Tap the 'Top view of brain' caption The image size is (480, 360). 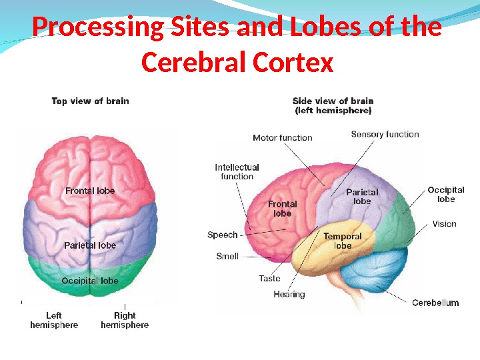[91, 101]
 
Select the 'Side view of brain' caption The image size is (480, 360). [333, 105]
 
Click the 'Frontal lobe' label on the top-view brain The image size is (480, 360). [90, 191]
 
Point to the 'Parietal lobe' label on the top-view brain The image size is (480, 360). [90, 245]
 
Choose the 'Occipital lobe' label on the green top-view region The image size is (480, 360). [90, 281]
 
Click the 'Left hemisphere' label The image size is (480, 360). [54, 320]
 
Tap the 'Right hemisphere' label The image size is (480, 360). [125, 320]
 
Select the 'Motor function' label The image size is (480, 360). [283, 138]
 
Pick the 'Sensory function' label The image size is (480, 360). [385, 134]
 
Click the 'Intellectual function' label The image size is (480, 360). [237, 172]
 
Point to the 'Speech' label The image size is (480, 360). [223, 235]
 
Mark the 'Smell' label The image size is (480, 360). [227, 256]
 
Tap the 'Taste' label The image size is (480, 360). [270, 279]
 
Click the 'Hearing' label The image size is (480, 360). [289, 294]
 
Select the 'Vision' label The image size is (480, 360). [444, 224]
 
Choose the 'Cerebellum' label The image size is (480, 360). [435, 303]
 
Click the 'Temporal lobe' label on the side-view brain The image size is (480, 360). [343, 241]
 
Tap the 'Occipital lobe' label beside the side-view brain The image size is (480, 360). [446, 195]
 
